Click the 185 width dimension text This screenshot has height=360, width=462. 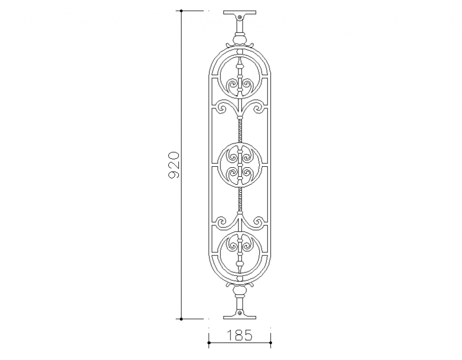click(x=239, y=335)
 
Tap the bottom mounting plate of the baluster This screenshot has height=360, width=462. click(x=239, y=317)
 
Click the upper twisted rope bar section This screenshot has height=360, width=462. click(x=239, y=130)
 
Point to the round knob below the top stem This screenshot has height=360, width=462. click(x=239, y=39)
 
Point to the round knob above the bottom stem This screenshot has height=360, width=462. click(x=239, y=291)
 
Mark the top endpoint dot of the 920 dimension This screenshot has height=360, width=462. click(x=181, y=11)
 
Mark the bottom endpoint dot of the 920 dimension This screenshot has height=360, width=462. click(x=181, y=319)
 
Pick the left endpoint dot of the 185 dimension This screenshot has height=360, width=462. click(x=209, y=343)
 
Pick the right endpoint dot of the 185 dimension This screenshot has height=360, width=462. click(x=271, y=343)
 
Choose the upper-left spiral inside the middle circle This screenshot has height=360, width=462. click(x=232, y=157)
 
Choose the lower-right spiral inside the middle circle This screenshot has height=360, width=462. click(x=247, y=174)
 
